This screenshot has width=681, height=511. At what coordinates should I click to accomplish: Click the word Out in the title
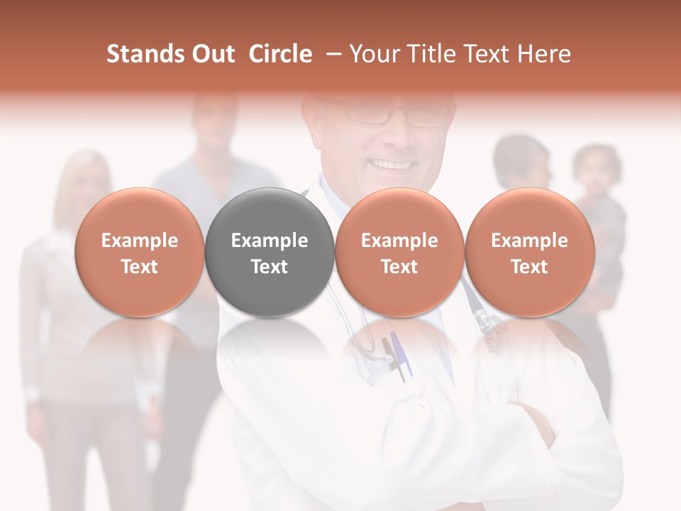point(212,54)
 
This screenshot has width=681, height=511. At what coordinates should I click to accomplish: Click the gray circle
point(270,253)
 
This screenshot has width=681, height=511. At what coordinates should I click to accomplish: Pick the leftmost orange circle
point(140,253)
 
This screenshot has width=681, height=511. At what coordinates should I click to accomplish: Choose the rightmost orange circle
point(530,253)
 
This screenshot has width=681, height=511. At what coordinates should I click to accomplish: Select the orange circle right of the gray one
point(399,253)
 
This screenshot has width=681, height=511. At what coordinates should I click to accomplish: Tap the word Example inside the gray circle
point(270,241)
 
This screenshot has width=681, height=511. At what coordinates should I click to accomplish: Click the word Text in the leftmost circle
point(140,267)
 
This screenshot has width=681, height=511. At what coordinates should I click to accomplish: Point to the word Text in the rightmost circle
point(530,267)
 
